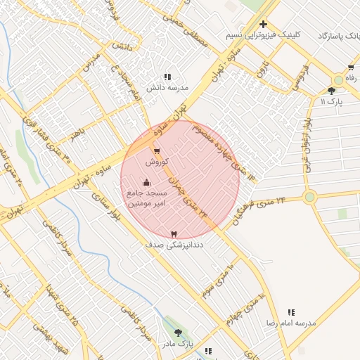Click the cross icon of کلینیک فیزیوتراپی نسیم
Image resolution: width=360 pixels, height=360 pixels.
coord(263,24)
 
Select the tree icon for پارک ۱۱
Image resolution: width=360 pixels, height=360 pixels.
coord(332,91)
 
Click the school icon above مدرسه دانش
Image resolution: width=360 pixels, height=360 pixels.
coord(167,77)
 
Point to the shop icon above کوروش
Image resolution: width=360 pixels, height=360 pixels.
coord(156,150)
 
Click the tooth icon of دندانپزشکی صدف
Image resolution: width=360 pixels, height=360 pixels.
coord(174,234)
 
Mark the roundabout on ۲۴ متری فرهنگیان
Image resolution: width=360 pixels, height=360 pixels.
coord(309,197)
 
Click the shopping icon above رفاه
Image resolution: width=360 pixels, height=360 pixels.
coord(351,67)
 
